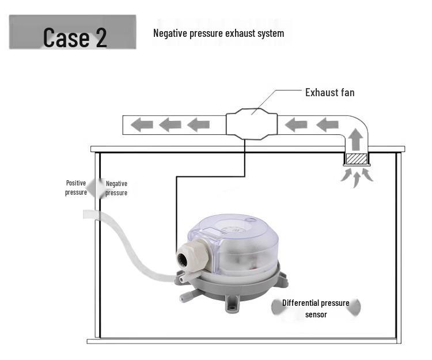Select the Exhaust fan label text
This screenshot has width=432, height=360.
pyautogui.click(x=329, y=92)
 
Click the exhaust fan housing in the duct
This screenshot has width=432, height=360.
pyautogui.click(x=252, y=124)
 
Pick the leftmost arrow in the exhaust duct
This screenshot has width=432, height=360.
pyautogui.click(x=141, y=124)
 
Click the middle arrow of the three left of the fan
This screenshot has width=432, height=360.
pyautogui.click(x=170, y=124)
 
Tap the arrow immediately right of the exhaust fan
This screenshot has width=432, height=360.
pyautogui.click(x=296, y=124)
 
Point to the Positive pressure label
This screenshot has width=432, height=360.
pyautogui.click(x=75, y=188)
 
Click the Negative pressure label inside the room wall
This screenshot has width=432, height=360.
pyautogui.click(x=116, y=188)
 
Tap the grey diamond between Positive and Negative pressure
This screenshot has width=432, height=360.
pyautogui.click(x=97, y=188)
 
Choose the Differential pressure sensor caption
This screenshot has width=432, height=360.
pyautogui.click(x=316, y=308)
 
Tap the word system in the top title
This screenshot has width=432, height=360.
pyautogui.click(x=270, y=33)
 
